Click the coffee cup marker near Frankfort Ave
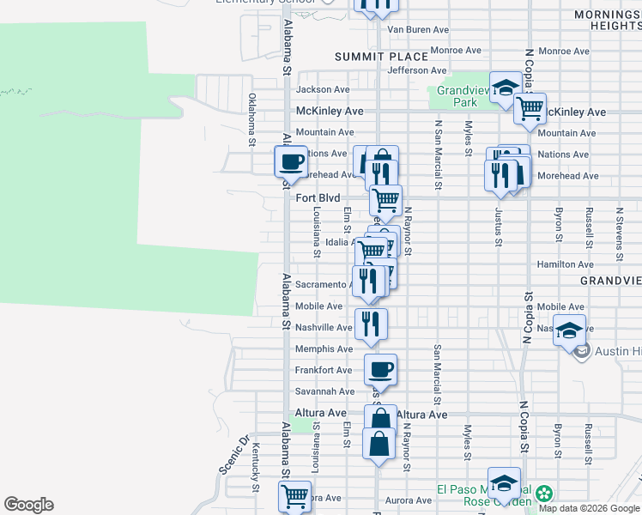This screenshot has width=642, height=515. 380,370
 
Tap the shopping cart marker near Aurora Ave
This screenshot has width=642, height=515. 294,496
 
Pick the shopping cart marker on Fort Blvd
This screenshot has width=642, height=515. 386,201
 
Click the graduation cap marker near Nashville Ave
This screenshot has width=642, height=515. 569,330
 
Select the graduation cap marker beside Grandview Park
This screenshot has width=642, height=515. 506,88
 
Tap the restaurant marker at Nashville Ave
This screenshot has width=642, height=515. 371,324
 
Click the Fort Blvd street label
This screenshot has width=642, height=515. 318,197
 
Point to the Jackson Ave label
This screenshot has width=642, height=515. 323,89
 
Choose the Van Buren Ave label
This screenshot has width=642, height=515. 419,29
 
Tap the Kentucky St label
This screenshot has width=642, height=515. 256,468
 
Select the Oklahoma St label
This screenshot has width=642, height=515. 252,120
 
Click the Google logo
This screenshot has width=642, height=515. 28,505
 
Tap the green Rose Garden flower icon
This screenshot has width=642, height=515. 542,494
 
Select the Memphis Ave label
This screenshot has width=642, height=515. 324,349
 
